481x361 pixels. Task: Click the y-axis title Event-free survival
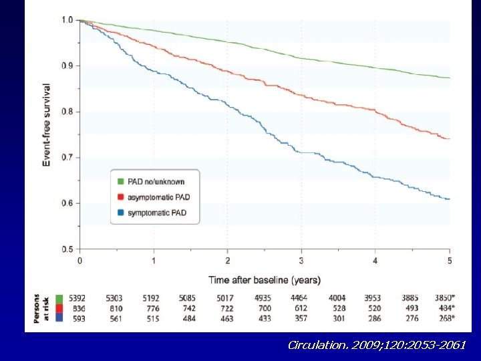click(47, 125)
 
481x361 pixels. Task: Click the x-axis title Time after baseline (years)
click(265, 279)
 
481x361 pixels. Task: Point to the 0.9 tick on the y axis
click(67, 66)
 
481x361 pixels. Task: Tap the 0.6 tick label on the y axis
click(67, 203)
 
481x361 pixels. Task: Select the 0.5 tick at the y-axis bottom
click(67, 249)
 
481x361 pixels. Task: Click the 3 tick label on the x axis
click(301, 261)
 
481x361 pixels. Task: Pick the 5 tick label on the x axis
click(449, 261)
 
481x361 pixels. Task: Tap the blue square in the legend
click(120, 213)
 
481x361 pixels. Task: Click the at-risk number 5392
click(79, 297)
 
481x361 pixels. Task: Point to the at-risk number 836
click(78, 308)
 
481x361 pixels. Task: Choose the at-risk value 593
click(78, 319)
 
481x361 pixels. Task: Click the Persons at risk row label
click(41, 308)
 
